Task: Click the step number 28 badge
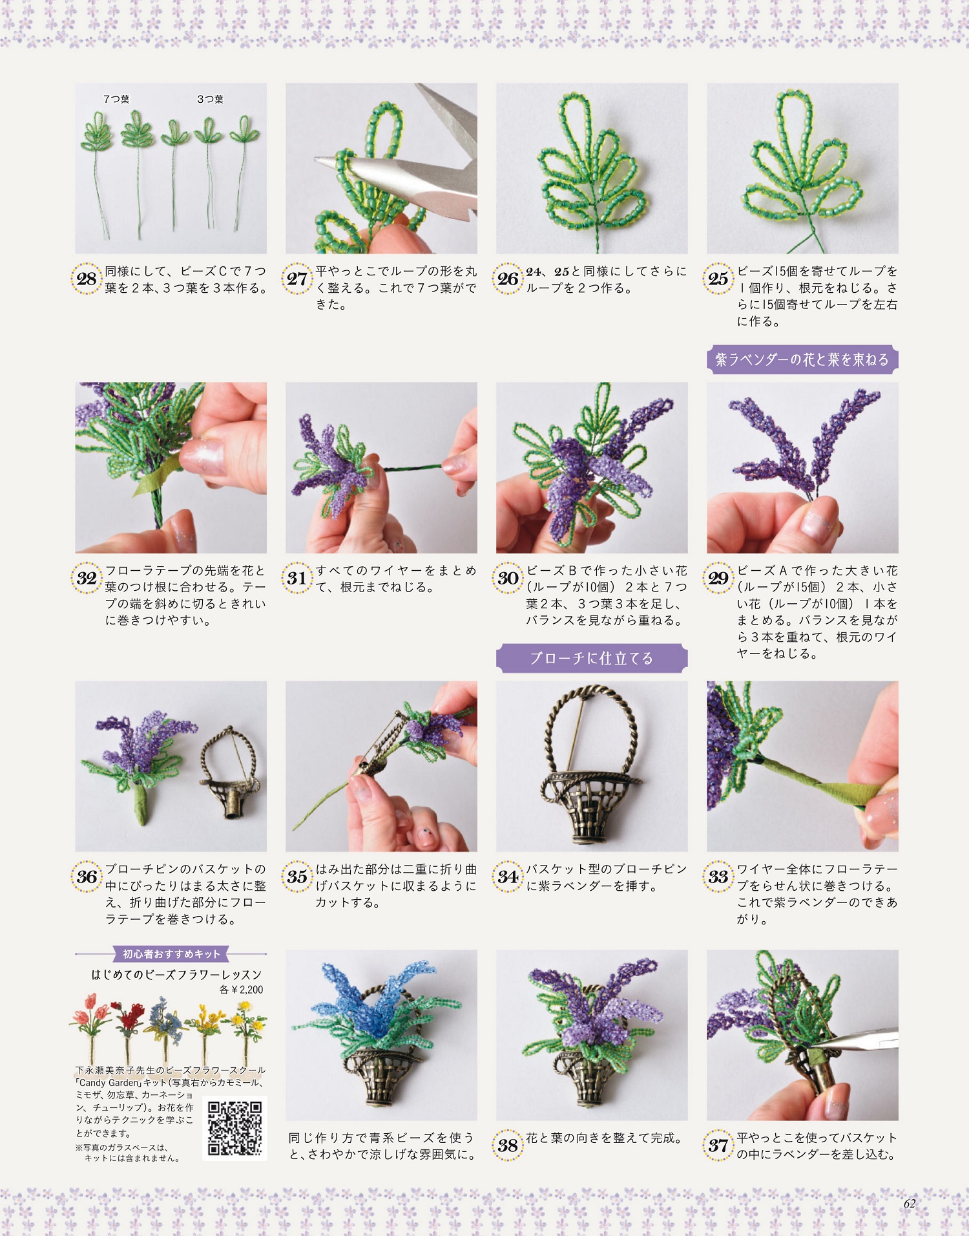tap(87, 279)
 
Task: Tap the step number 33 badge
tap(718, 877)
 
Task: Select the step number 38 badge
tap(508, 1145)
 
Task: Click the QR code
tap(235, 1127)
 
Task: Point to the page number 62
tap(910, 1203)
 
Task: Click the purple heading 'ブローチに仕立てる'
tap(592, 658)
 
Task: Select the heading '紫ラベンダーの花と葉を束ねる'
tap(802, 359)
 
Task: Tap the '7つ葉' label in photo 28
tap(116, 99)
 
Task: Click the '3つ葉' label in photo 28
tap(210, 99)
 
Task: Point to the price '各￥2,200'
tap(241, 990)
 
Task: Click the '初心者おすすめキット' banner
tap(171, 954)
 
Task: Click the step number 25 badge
tap(718, 279)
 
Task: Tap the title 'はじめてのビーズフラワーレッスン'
tap(176, 974)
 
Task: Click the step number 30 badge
tap(508, 578)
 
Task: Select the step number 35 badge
tap(297, 877)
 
